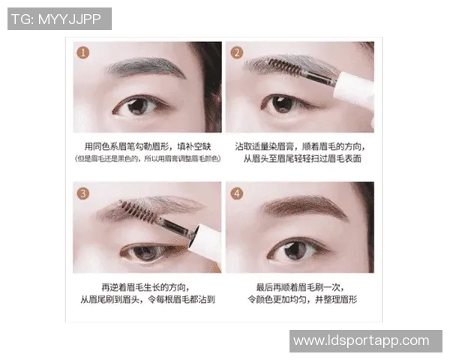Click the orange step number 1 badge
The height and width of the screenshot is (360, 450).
tap(83, 52)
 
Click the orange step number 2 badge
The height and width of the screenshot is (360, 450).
tap(236, 52)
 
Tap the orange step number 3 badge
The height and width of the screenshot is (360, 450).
tap(83, 193)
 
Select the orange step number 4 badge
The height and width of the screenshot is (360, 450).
tap(236, 193)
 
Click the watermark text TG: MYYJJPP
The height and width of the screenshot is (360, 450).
tap(59, 19)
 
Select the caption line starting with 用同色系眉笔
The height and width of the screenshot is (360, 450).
tap(148, 145)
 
